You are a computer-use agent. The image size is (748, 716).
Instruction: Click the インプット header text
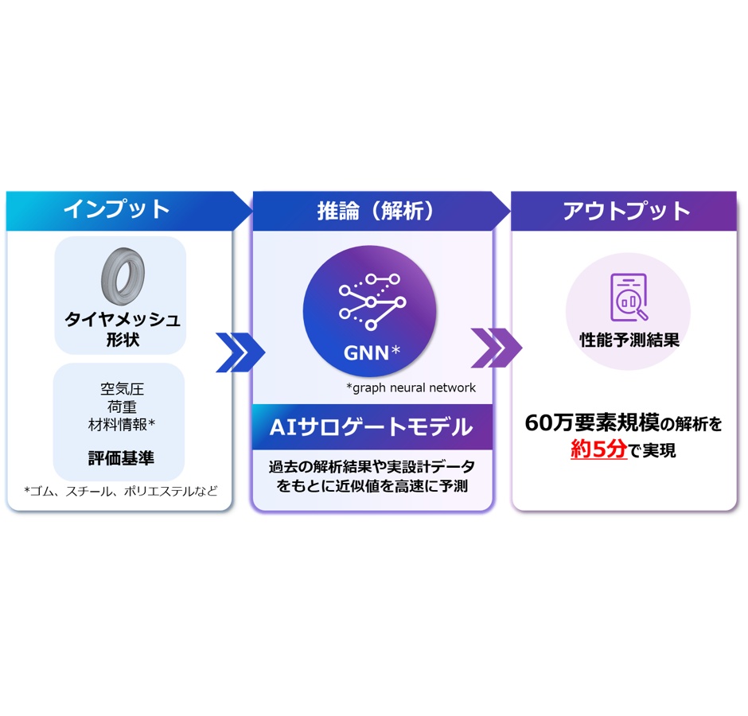pyautogui.click(x=117, y=209)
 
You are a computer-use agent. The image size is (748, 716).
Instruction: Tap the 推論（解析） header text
pyautogui.click(x=376, y=210)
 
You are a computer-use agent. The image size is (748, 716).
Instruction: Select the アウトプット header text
pyautogui.click(x=626, y=210)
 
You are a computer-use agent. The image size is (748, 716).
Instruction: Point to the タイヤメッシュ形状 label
pyautogui.click(x=123, y=329)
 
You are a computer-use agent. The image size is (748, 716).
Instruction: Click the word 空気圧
pyautogui.click(x=122, y=389)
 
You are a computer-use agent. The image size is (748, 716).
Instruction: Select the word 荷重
pyautogui.click(x=122, y=407)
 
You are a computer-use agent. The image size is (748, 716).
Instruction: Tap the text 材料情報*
pyautogui.click(x=122, y=424)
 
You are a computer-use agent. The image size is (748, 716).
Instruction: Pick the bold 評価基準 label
pyautogui.click(x=121, y=458)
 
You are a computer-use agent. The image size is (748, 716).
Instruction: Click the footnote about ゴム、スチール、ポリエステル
pyautogui.click(x=121, y=491)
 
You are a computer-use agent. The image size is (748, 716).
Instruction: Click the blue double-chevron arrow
pyautogui.click(x=240, y=352)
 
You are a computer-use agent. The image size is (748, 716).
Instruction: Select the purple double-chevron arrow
pyautogui.click(x=496, y=348)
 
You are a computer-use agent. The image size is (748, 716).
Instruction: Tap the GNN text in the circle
pyautogui.click(x=366, y=353)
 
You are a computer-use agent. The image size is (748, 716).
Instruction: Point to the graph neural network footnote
pyautogui.click(x=411, y=387)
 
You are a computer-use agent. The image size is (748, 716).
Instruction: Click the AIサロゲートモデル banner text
pyautogui.click(x=371, y=427)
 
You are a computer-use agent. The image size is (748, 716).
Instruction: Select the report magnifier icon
pyautogui.click(x=629, y=298)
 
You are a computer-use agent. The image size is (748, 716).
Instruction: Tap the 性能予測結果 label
pyautogui.click(x=629, y=340)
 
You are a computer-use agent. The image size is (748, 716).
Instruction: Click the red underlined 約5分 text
pyautogui.click(x=598, y=449)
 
